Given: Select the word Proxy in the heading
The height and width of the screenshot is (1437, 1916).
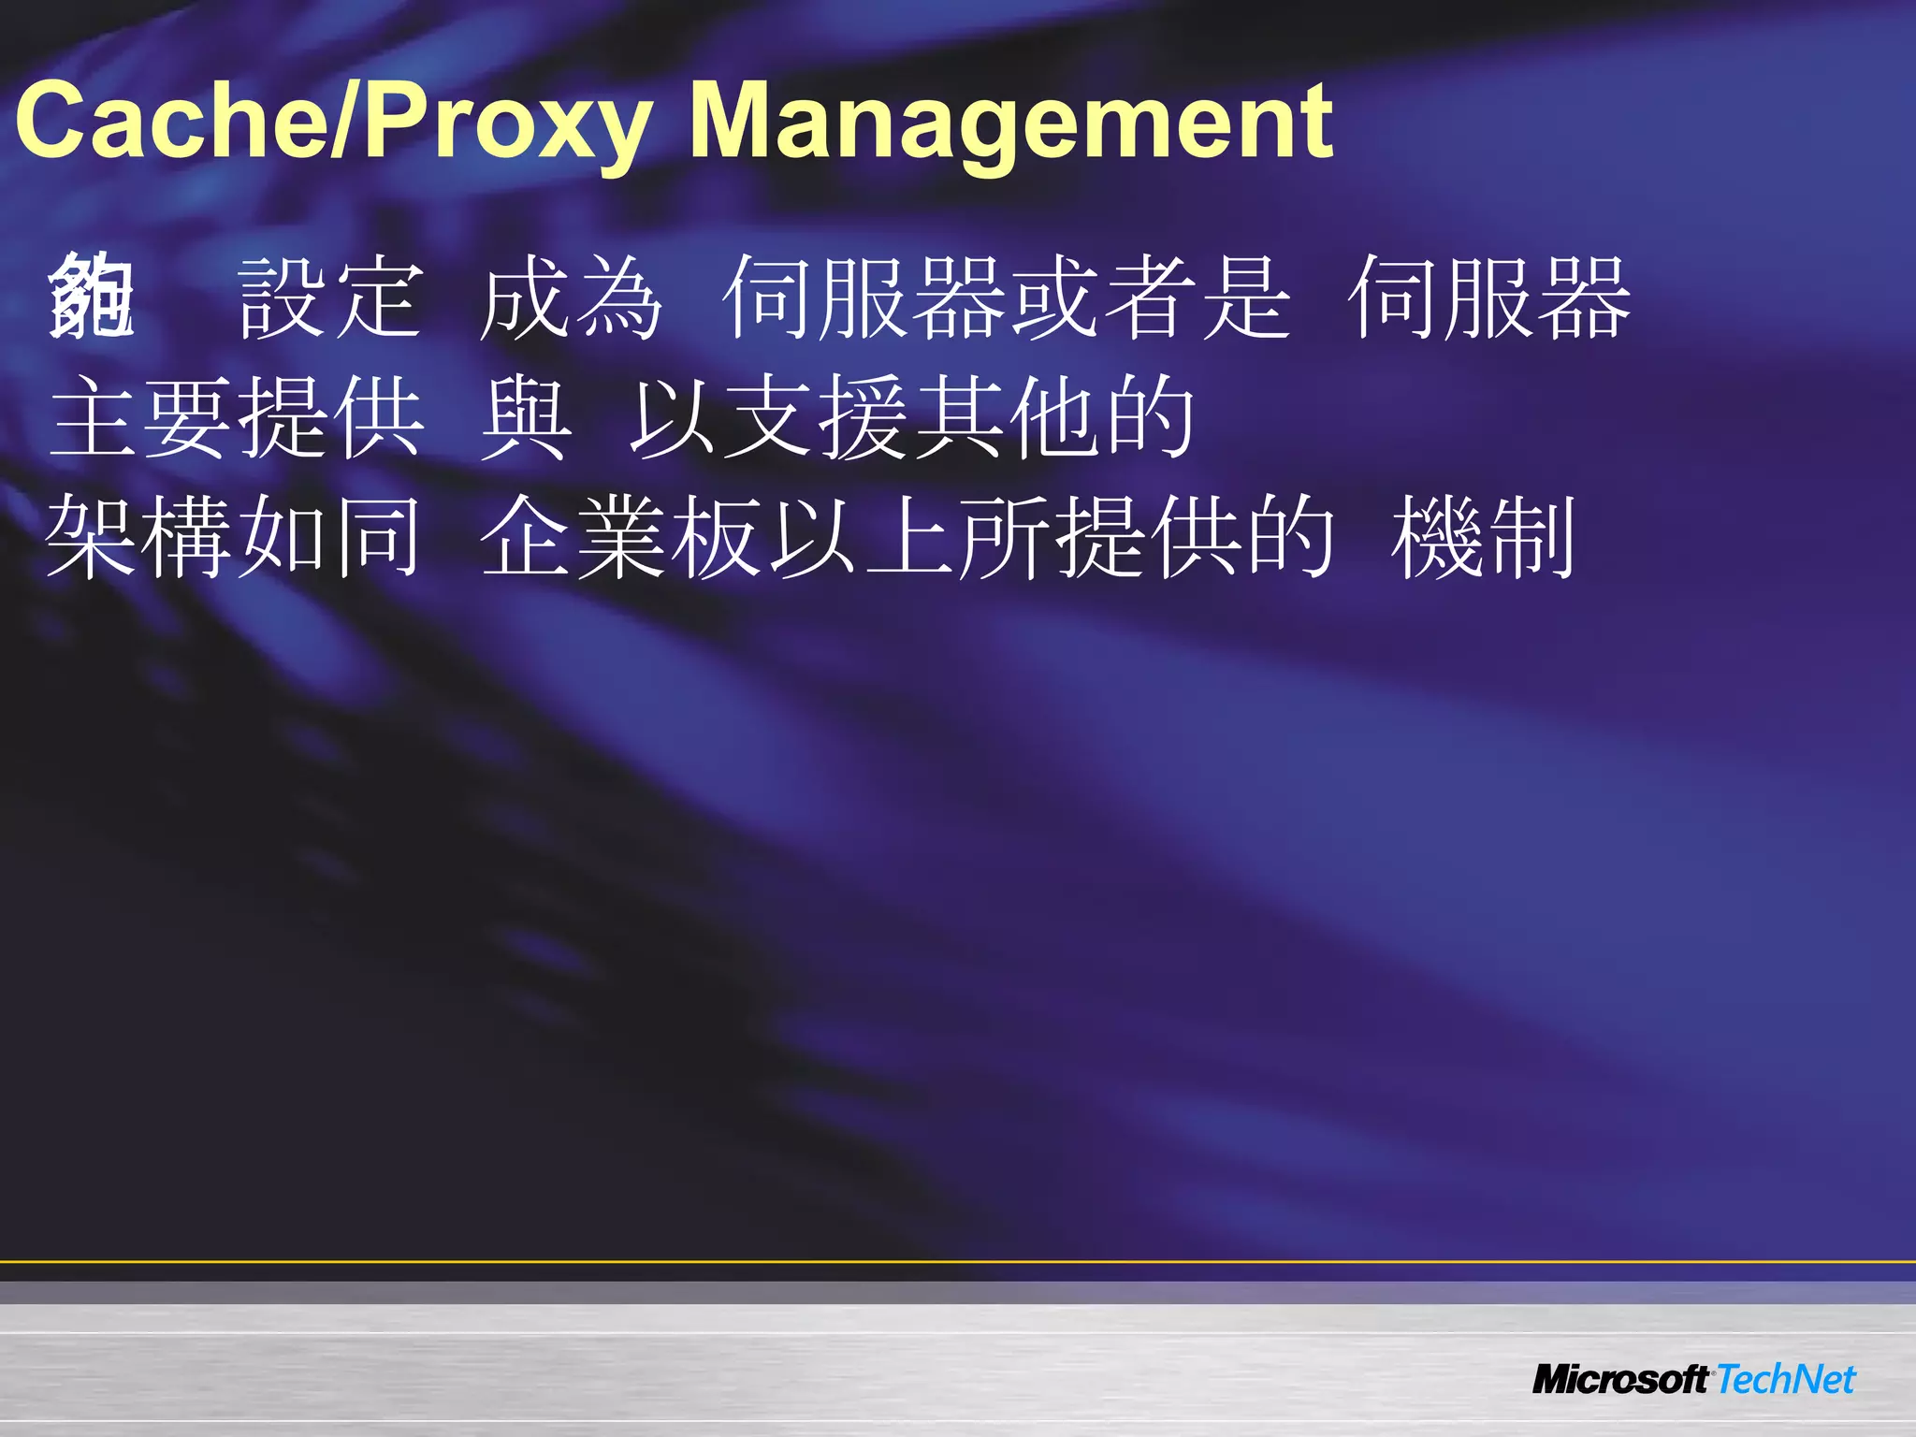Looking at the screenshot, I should [506, 123].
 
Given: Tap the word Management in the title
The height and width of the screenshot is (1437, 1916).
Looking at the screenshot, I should [1010, 123].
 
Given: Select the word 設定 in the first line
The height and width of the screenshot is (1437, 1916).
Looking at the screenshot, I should [330, 298].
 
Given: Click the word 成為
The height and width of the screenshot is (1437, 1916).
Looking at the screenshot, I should [571, 298].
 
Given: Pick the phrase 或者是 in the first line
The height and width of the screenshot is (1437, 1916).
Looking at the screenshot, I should [1151, 298].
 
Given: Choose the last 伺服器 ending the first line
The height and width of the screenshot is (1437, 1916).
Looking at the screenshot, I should [1488, 298].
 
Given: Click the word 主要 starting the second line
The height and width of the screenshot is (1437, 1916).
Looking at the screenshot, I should [141, 417].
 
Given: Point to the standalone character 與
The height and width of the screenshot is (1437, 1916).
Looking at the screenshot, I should [525, 417].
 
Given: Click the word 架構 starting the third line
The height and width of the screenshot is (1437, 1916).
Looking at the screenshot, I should [141, 537].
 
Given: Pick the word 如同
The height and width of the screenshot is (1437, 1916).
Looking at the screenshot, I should [330, 537].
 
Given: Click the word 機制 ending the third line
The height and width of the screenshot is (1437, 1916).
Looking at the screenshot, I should [1484, 537].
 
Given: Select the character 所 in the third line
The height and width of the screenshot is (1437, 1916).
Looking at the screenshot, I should [1006, 537].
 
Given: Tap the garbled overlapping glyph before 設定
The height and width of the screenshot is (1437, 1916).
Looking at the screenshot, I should [91, 298].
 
